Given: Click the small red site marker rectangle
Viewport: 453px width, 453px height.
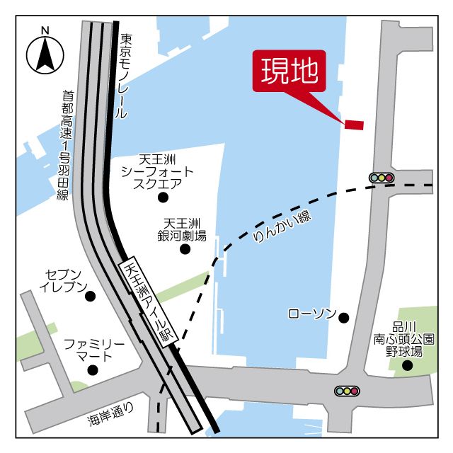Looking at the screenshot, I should click(x=354, y=125).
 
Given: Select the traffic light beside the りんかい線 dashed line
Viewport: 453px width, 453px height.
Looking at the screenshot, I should click(x=382, y=178).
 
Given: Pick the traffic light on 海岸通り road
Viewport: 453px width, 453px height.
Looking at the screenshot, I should click(x=347, y=390).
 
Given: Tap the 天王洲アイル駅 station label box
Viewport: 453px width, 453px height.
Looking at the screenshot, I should click(x=149, y=302).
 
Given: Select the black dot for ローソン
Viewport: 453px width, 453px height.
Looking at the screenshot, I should click(x=344, y=318).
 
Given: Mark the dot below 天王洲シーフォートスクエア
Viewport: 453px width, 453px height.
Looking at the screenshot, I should click(x=163, y=197).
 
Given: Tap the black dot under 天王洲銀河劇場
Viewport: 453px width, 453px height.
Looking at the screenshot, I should click(x=185, y=248).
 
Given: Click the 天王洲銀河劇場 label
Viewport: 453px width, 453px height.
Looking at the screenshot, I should click(x=185, y=229).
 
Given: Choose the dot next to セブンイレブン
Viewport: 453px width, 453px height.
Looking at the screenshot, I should click(x=90, y=296).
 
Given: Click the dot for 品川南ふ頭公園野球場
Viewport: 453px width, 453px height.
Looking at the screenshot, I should click(x=407, y=365).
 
